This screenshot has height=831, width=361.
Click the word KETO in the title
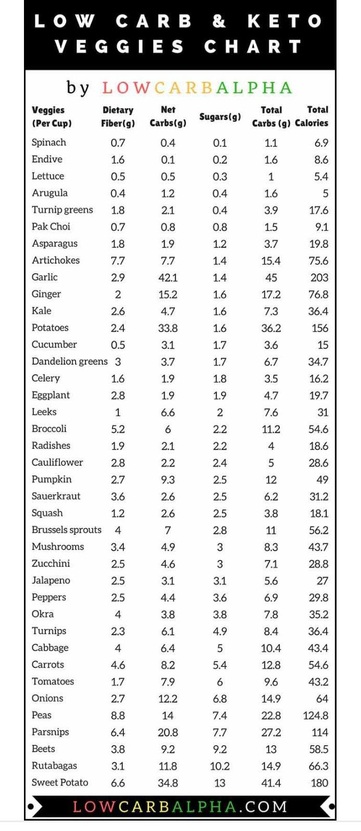click(x=284, y=21)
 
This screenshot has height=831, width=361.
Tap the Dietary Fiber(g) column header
click(x=118, y=117)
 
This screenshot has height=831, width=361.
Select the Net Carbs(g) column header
click(x=168, y=117)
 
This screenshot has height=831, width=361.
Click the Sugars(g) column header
click(x=220, y=117)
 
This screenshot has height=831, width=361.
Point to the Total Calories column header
click(x=312, y=117)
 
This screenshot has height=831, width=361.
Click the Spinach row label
click(x=49, y=142)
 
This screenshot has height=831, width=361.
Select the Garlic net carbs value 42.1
click(x=168, y=277)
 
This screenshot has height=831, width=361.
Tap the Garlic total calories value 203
click(x=319, y=277)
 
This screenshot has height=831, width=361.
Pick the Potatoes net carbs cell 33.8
click(x=168, y=328)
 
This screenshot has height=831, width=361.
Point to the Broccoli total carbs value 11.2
click(x=271, y=429)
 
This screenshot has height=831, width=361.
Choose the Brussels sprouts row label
click(x=67, y=530)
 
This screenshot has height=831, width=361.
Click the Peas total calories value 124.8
click(x=315, y=715)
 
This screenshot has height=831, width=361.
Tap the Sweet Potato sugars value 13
click(x=220, y=783)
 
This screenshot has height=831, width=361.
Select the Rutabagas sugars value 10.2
click(x=220, y=766)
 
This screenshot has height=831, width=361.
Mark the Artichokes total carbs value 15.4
click(x=271, y=261)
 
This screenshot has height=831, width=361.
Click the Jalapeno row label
click(x=51, y=580)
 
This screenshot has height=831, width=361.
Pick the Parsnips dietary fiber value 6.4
click(x=118, y=732)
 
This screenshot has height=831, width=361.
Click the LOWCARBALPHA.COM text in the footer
click(x=180, y=806)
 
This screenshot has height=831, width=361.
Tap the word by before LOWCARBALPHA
click(x=78, y=88)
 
